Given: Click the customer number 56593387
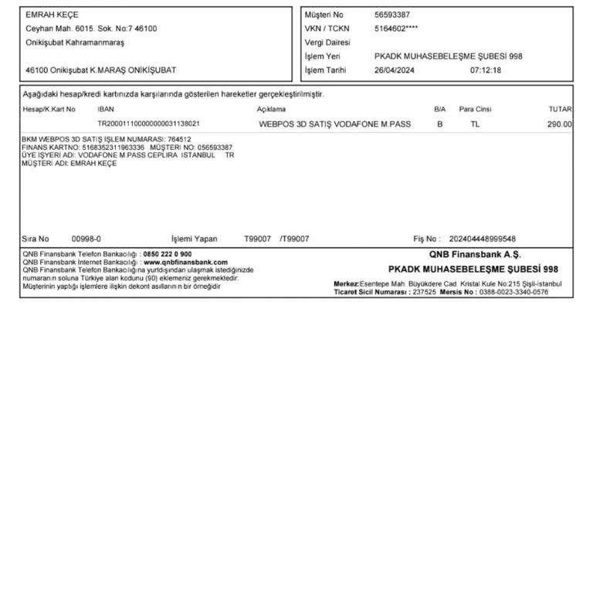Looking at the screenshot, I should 392,15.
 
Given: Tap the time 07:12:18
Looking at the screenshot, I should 486,69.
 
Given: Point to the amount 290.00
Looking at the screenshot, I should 559,124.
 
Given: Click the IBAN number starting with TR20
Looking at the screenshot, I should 149,124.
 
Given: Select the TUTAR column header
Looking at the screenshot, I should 559,110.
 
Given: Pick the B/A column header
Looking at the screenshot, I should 440,110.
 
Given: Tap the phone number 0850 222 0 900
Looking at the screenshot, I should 168,254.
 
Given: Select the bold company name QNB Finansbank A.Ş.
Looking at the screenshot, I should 475,254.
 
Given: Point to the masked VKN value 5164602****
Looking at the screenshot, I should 397,29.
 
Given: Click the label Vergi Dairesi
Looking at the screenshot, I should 327,42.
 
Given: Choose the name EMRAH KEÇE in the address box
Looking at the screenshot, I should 52,15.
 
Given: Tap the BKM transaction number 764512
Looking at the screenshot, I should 179,139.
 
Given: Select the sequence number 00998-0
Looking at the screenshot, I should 86,239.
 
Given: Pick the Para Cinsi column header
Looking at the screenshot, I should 475,110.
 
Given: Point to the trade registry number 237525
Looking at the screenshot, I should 424,293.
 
